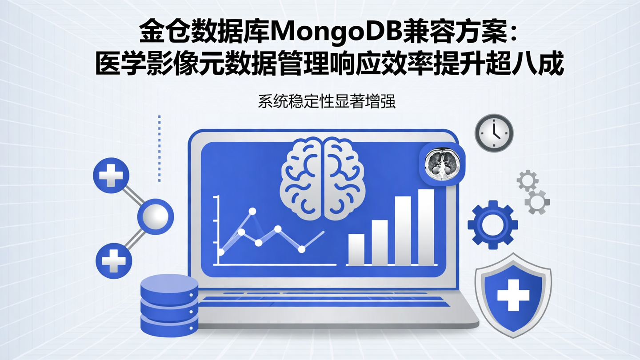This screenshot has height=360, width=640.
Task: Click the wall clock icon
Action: [494, 133]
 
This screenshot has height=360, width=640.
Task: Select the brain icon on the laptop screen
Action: [323, 178]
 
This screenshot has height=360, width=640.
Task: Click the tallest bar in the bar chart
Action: [426, 227]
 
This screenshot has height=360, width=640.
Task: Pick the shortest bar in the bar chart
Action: [356, 249]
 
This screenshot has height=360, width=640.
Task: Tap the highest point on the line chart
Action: [252, 211]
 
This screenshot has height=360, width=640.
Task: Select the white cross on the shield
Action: [513, 294]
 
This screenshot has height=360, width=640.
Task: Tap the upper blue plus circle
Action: [111, 176]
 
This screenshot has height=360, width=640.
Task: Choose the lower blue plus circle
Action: [114, 260]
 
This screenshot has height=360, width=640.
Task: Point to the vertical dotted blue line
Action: [159, 148]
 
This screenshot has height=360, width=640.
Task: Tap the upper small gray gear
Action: [528, 180]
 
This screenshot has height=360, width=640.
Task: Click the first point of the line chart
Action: [221, 252]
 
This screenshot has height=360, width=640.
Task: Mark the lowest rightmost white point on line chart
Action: [302, 249]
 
